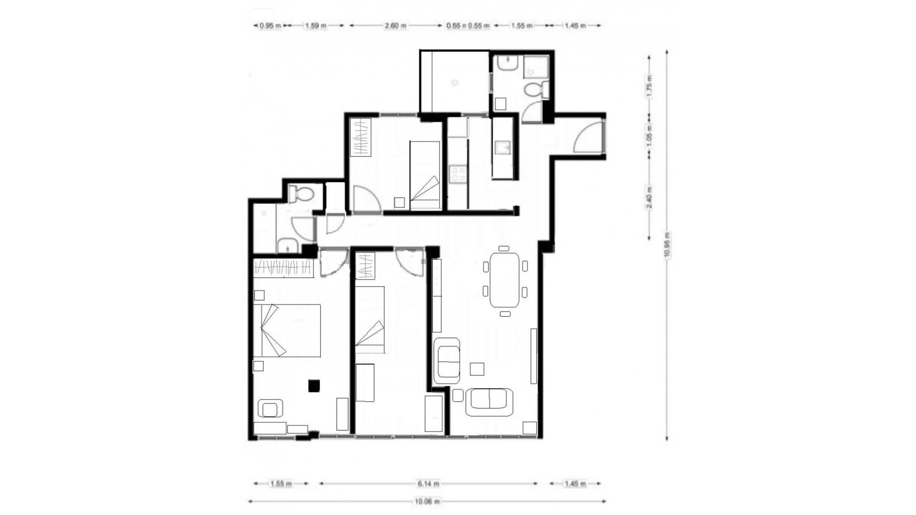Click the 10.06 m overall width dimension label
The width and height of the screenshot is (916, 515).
(427, 501)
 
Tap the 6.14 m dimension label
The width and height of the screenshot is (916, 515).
(428, 484)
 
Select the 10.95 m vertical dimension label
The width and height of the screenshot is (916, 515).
(666, 245)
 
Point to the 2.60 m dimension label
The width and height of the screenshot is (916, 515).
(395, 26)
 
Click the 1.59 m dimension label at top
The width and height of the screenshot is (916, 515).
(315, 26)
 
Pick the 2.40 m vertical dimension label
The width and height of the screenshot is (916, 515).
(649, 198)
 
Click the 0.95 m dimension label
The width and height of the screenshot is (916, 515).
(270, 26)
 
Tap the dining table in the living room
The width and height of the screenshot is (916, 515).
(505, 280)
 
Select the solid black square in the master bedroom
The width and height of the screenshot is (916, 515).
(314, 385)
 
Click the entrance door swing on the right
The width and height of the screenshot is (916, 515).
(588, 137)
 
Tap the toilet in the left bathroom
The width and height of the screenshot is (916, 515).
(301, 194)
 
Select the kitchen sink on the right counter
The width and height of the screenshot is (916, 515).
(502, 147)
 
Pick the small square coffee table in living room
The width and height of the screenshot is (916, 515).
(477, 369)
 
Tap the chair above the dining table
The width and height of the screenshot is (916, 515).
(504, 248)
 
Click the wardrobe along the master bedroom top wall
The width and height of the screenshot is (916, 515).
(283, 268)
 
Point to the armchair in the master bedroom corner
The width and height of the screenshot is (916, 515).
(270, 409)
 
